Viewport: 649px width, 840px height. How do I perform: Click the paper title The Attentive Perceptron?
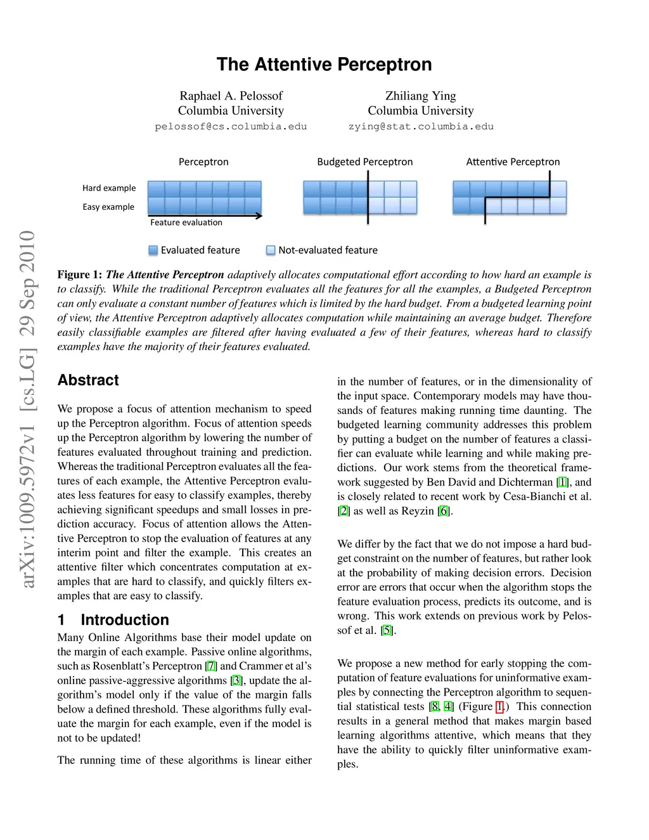click(324, 65)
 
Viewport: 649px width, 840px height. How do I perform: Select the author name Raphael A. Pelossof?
click(231, 96)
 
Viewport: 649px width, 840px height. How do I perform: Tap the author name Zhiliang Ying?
click(420, 96)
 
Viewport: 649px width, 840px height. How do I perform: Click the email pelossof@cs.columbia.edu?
click(231, 127)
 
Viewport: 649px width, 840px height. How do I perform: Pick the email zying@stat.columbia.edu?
click(420, 127)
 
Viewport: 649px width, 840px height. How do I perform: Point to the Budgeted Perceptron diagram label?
click(364, 162)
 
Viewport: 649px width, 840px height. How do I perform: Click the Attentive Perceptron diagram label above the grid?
click(513, 162)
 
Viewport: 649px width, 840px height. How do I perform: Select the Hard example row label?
click(109, 188)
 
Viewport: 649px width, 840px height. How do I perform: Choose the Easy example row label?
click(108, 207)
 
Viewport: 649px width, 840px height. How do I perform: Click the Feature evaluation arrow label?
click(186, 223)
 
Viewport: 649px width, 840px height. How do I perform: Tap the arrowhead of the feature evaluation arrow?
click(259, 216)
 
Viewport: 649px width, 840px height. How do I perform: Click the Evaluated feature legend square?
click(153, 250)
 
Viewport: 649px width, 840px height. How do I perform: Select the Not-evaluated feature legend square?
click(271, 250)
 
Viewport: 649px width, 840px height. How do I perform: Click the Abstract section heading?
click(88, 380)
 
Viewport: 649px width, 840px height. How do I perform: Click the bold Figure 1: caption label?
click(79, 275)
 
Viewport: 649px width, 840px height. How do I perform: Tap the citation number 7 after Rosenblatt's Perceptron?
click(211, 666)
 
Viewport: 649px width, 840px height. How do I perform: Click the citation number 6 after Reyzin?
click(444, 511)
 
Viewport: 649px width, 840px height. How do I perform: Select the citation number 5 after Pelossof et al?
click(387, 630)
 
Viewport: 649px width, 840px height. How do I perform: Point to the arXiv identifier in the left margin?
click(27, 408)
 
